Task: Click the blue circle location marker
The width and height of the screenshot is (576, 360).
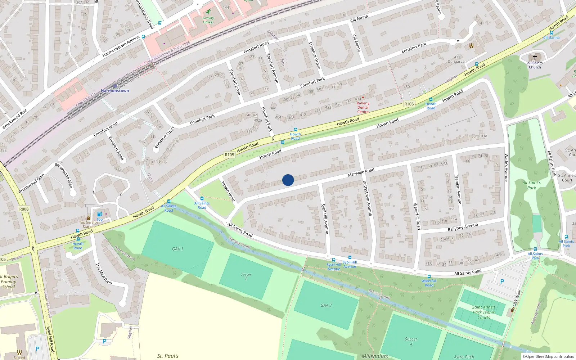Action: coord(288,180)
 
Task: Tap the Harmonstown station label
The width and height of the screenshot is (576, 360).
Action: coord(115,91)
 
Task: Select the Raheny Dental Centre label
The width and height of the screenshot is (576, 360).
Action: coord(363,107)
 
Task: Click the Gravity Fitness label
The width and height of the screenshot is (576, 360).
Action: coord(208,20)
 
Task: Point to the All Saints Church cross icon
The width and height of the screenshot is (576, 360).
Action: coord(535,57)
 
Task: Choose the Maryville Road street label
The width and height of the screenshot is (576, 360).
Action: coord(361,172)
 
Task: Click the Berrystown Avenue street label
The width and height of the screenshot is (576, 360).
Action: coord(367,198)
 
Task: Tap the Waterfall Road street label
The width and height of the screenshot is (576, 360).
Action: coord(417,216)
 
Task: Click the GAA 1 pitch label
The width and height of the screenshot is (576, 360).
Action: coord(177,249)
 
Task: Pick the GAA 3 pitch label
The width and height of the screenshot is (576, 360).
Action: coord(326,305)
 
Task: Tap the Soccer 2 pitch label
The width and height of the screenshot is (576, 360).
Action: coord(246,276)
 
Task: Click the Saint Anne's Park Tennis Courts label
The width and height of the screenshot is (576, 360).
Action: coord(483,312)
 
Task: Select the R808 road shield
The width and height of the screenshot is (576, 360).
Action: coord(24,209)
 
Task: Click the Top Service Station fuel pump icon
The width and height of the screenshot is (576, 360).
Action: coord(99,214)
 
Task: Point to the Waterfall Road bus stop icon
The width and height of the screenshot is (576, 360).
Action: coord(429,276)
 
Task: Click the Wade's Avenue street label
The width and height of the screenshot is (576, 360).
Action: coord(506,167)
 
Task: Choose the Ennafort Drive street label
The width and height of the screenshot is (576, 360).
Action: coord(235,82)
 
